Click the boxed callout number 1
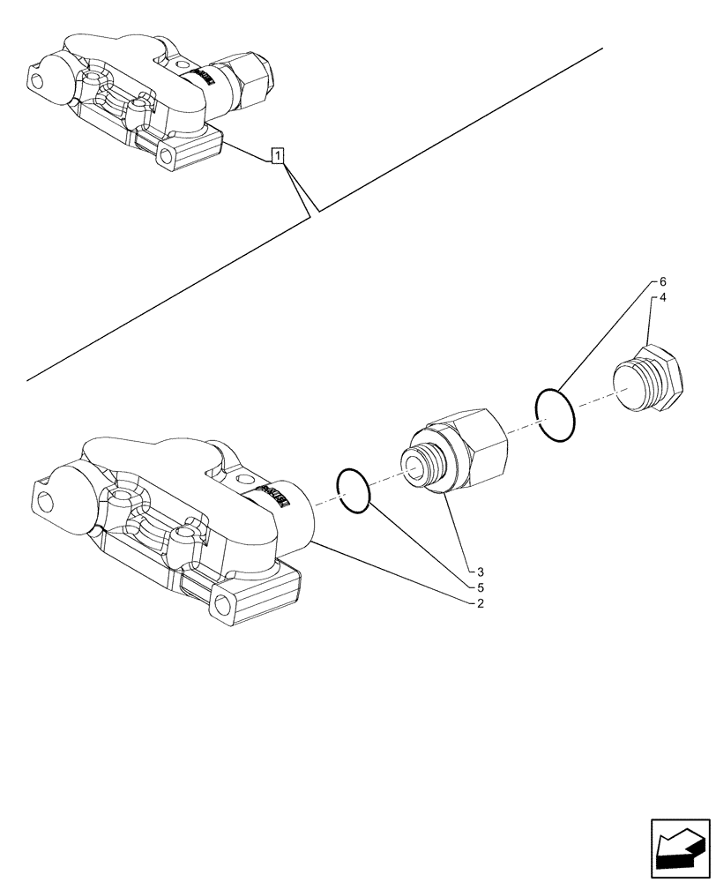[x=278, y=157]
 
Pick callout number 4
[x=662, y=298]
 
